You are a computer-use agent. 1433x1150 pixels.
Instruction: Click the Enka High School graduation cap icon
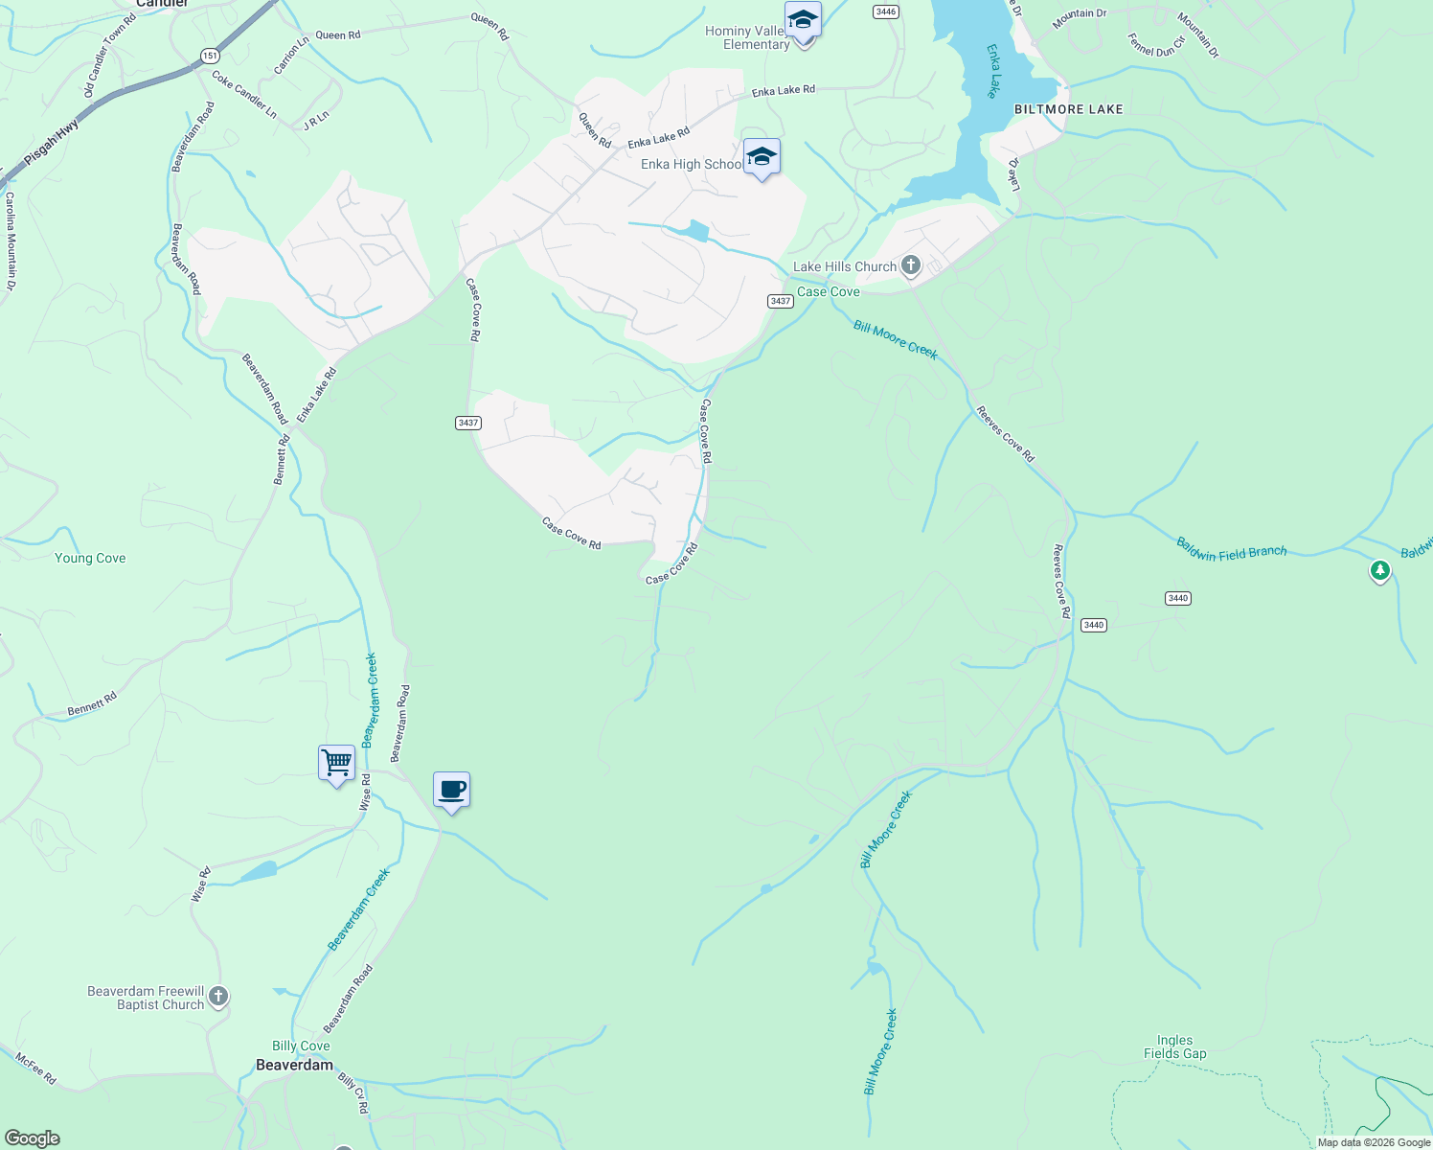(762, 157)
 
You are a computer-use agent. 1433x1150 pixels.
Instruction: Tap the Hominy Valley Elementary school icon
(802, 21)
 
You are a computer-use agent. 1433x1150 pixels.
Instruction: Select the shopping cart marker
(336, 764)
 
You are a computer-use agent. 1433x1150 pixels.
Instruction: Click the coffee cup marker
(451, 791)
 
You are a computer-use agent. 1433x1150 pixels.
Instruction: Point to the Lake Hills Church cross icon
(910, 265)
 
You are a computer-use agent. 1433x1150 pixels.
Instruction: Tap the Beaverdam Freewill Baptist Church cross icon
(218, 997)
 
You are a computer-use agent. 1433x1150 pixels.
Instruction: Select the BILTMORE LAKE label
(1068, 109)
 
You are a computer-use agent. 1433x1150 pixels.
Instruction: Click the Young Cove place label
(90, 558)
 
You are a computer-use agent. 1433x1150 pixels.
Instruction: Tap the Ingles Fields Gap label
(1174, 1046)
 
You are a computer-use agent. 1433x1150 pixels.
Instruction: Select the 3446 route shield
(886, 11)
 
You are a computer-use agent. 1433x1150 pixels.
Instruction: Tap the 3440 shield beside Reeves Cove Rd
(1093, 625)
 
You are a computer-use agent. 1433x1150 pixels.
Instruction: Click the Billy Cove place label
(301, 1046)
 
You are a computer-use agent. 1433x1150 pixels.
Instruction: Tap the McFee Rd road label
(35, 1068)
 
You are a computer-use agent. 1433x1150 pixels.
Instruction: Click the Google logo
(32, 1138)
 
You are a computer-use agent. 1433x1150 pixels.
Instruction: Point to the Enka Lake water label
(992, 70)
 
